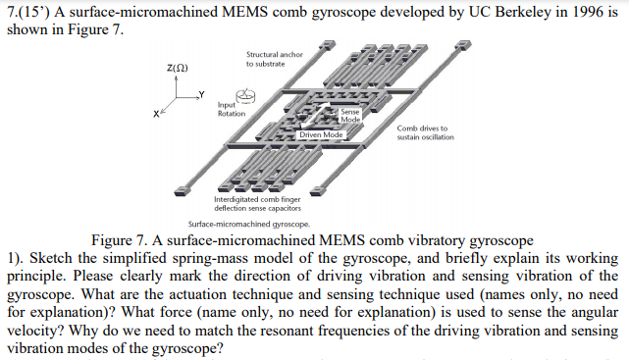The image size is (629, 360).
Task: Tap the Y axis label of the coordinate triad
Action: (201, 94)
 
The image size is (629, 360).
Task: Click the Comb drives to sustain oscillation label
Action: (426, 132)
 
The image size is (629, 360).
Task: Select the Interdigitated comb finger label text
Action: (257, 199)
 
